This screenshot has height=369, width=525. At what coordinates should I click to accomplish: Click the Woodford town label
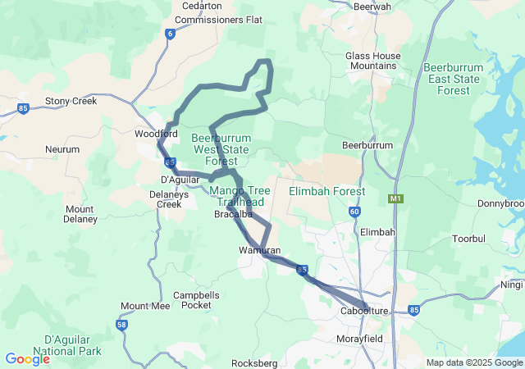click(x=156, y=134)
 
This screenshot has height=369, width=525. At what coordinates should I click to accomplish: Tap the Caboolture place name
click(x=363, y=312)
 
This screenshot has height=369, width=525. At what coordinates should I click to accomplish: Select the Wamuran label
click(x=260, y=250)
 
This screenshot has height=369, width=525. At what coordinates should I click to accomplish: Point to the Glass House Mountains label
click(x=373, y=61)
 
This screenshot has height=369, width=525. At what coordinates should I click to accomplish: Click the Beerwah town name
click(x=372, y=7)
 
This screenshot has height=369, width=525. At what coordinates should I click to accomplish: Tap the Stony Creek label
click(x=71, y=101)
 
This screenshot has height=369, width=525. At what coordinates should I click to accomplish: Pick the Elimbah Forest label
click(x=327, y=191)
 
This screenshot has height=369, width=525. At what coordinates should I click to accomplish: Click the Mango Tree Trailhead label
click(x=237, y=197)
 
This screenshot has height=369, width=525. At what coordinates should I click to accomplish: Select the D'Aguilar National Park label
click(x=73, y=345)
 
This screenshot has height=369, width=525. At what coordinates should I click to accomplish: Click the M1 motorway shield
click(x=396, y=198)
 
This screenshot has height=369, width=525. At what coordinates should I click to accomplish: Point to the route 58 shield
click(x=122, y=326)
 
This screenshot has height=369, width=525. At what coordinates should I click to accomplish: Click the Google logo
click(x=27, y=358)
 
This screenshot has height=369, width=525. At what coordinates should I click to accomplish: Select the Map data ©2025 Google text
click(x=474, y=362)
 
